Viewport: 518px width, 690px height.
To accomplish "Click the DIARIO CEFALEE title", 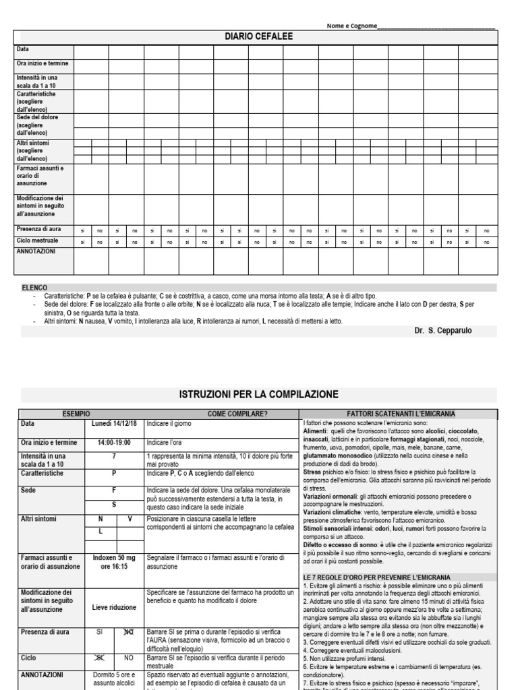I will click(x=258, y=37).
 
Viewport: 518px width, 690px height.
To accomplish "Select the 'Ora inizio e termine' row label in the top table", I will click(x=42, y=64).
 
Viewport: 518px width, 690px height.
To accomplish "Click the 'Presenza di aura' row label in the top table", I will click(x=39, y=229).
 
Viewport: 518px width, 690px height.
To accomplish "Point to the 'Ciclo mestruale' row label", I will click(x=38, y=240).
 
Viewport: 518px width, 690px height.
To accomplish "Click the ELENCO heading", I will click(x=35, y=287).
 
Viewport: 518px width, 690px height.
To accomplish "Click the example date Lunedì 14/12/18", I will click(x=114, y=424).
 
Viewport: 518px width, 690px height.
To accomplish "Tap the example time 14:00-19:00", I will click(x=114, y=443).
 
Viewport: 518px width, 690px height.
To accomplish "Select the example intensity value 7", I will click(x=114, y=456).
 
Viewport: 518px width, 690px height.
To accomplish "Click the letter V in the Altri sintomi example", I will click(x=129, y=519).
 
